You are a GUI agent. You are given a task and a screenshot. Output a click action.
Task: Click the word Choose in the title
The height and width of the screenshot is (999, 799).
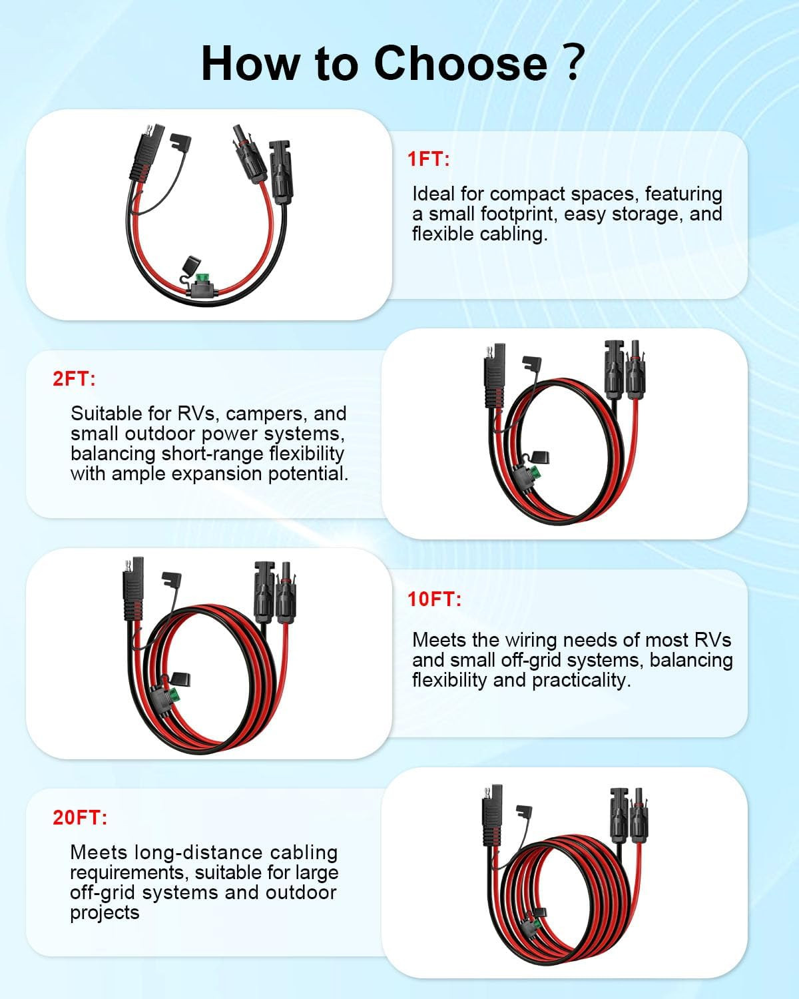pos(460,63)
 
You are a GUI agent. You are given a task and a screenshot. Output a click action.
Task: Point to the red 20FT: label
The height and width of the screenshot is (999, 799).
pos(80,817)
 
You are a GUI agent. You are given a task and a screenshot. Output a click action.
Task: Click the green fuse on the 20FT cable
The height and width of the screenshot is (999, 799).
pos(535,924)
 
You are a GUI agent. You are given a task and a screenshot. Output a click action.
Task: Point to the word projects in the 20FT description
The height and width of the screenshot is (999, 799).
pos(105,913)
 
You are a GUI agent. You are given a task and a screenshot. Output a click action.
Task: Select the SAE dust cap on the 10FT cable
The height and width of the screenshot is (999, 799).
pos(171,579)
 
